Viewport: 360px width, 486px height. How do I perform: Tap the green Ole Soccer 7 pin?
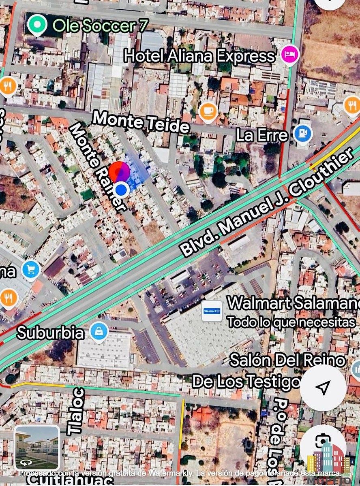pyautogui.click(x=37, y=25)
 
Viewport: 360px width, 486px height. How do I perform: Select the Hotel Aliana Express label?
pyautogui.click(x=199, y=55)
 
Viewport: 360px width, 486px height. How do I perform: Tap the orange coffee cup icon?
pyautogui.click(x=208, y=110)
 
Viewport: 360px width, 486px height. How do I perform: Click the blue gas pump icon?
pyautogui.click(x=302, y=133)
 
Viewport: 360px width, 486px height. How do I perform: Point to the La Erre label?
pyautogui.click(x=262, y=135)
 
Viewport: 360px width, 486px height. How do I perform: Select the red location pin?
pyautogui.click(x=118, y=172)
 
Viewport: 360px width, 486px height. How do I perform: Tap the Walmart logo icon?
pyautogui.click(x=212, y=311)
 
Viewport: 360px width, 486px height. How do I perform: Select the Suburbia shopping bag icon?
pyautogui.click(x=99, y=331)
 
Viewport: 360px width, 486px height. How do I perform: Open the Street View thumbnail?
pyautogui.click(x=37, y=448)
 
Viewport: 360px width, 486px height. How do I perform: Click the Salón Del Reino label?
pyautogui.click(x=287, y=360)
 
